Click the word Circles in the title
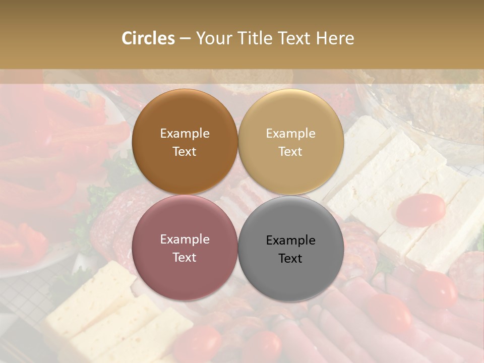click(148, 38)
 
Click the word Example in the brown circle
click(185, 134)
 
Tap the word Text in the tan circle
click(290, 151)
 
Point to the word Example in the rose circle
click(185, 239)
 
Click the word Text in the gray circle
click(290, 258)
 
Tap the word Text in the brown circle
click(185, 151)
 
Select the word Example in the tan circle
click(290, 134)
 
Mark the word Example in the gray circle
click(290, 240)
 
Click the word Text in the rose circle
click(185, 257)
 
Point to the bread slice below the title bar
click(252, 78)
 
